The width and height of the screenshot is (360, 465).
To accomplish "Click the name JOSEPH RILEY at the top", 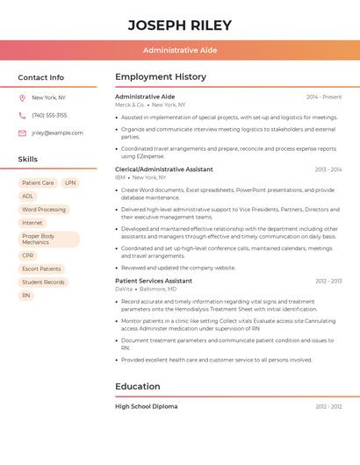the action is coord(180,25).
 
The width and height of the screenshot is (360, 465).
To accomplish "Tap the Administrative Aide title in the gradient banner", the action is coord(180,50).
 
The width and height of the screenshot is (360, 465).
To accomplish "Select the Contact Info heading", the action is coord(41,77).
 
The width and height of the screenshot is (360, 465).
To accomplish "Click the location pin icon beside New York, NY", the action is coord(22,97).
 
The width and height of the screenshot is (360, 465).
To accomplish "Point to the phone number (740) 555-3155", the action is coord(49,115).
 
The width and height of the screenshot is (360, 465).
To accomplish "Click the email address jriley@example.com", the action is coord(57,132).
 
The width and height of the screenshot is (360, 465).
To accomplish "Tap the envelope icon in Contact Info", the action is coord(22,132).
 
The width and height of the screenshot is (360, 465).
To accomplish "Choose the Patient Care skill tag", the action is coord(38,183).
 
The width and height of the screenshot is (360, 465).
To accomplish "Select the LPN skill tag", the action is coord(70,183).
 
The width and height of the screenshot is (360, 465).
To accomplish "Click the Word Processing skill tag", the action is coord(44,210).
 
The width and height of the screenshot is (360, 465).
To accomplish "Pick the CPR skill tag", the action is coord(28,255).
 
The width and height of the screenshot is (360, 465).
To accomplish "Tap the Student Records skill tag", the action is coord(44,282).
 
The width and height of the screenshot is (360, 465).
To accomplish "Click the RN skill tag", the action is coord(26,296).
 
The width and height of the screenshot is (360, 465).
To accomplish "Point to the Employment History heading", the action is coord(161,77).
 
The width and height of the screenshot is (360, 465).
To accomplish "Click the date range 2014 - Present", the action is coord(324,97).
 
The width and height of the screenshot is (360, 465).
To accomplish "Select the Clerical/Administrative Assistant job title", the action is coord(164,169).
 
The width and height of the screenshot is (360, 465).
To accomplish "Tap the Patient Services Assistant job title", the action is coord(154,281).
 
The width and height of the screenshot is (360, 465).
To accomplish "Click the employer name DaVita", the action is coord(124,289).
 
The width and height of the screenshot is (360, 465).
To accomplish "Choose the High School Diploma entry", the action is coord(147,406).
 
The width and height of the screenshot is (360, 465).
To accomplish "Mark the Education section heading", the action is coord(138,386).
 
